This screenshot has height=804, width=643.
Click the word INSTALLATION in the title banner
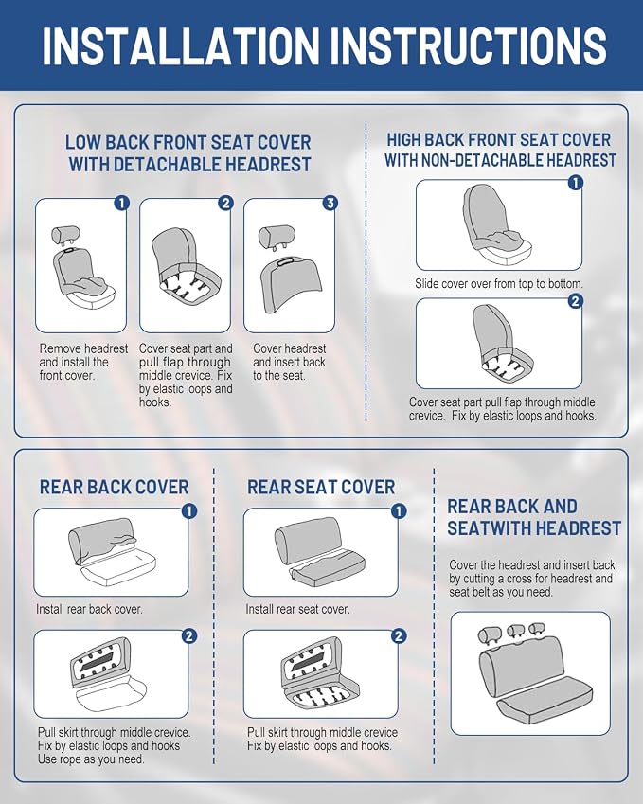click(180, 45)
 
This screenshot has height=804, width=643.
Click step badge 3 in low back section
click(330, 203)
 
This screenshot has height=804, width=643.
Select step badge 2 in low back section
click(225, 203)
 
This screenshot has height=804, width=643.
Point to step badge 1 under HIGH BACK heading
click(576, 182)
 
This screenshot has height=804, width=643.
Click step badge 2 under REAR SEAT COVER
click(399, 635)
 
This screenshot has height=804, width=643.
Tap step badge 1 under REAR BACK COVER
click(189, 510)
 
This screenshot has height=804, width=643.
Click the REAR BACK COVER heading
click(114, 487)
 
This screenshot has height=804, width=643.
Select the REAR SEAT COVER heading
click(321, 487)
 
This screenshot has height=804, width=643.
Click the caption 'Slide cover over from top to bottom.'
click(499, 283)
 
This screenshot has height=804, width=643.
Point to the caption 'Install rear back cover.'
click(89, 609)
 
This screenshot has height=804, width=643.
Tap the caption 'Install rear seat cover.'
click(297, 609)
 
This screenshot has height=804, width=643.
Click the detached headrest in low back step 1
click(65, 235)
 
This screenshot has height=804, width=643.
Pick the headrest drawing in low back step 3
click(277, 237)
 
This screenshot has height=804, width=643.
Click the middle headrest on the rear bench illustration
click(515, 632)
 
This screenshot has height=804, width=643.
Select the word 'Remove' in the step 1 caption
click(60, 348)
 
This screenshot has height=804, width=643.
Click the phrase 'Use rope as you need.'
click(91, 759)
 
